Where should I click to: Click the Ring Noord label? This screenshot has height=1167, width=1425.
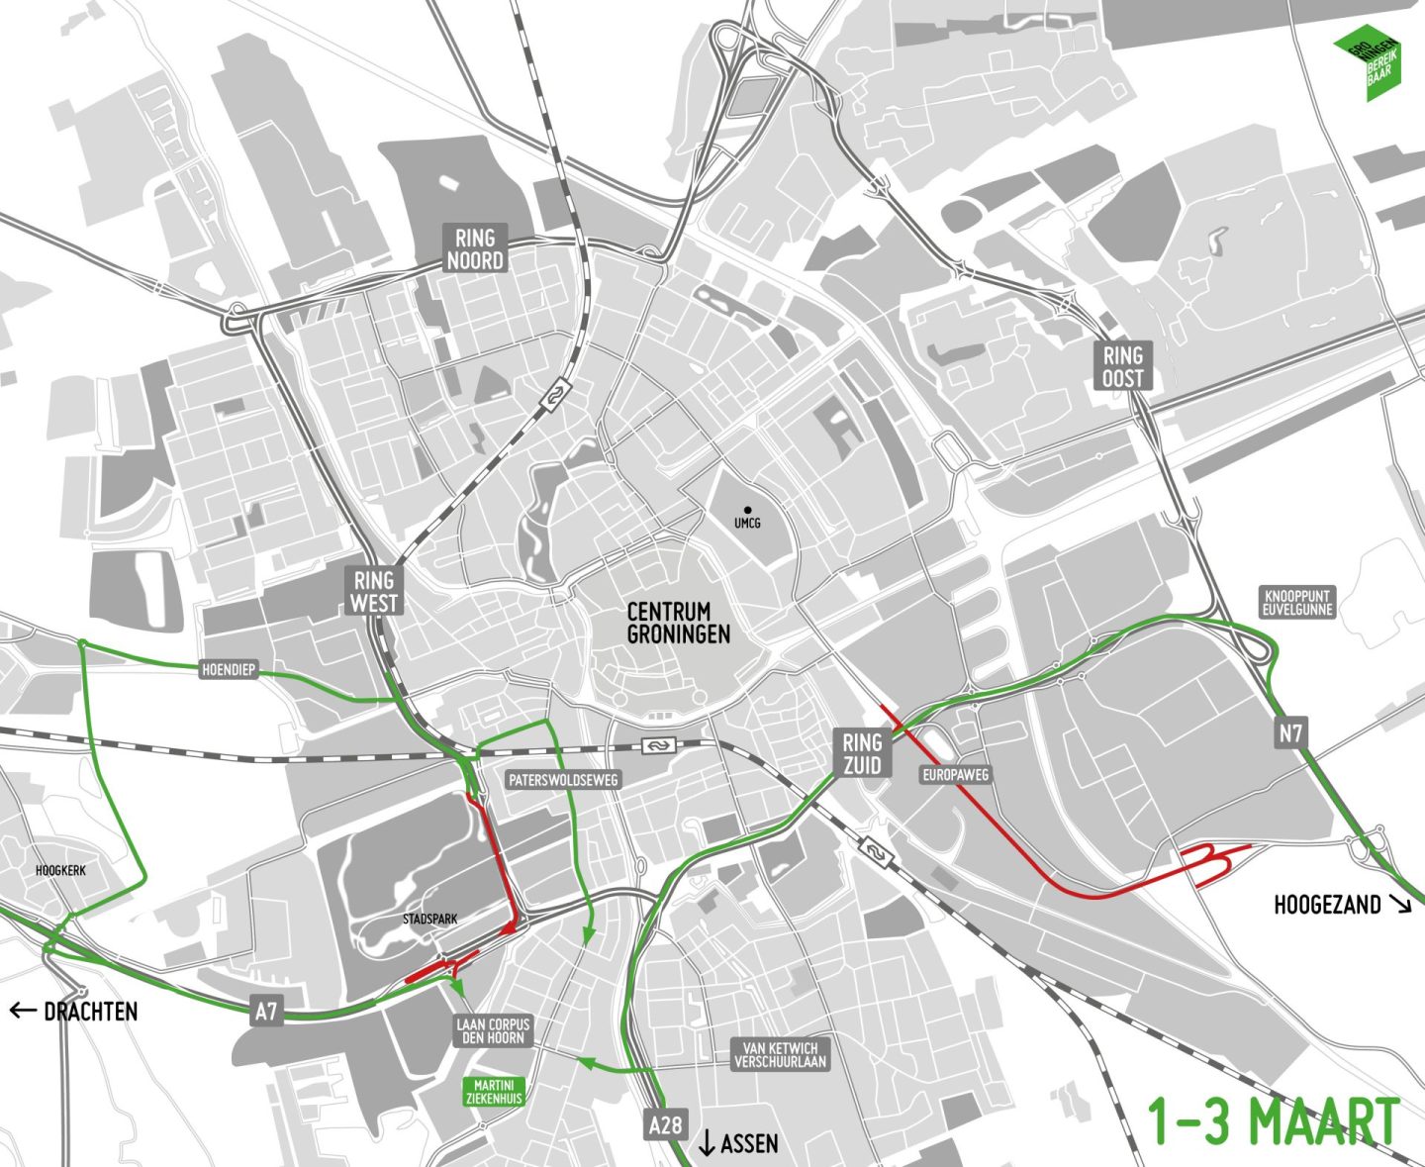475,249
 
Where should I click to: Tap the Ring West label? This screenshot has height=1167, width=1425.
374,592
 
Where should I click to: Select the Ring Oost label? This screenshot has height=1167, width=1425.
1123,366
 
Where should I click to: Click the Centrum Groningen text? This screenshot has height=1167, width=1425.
679,623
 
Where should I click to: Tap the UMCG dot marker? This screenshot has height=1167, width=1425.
747,509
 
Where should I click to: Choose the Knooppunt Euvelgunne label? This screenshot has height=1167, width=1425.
1297,603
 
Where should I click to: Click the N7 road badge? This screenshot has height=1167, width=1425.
1290,733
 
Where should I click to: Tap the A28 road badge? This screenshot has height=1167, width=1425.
665,1124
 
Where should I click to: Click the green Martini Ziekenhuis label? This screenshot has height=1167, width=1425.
495,1092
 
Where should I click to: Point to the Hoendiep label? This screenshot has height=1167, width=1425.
229,670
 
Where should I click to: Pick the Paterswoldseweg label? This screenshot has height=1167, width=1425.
563,780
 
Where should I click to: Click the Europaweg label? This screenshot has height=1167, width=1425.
956,775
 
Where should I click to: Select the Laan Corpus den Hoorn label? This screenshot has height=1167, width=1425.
493,1030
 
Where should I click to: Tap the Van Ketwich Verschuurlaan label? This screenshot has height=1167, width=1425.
780,1054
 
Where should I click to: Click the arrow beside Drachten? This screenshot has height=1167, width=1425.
23,1011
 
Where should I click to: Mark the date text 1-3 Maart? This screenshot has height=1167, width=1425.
1273,1122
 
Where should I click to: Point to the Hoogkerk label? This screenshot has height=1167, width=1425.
60,870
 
